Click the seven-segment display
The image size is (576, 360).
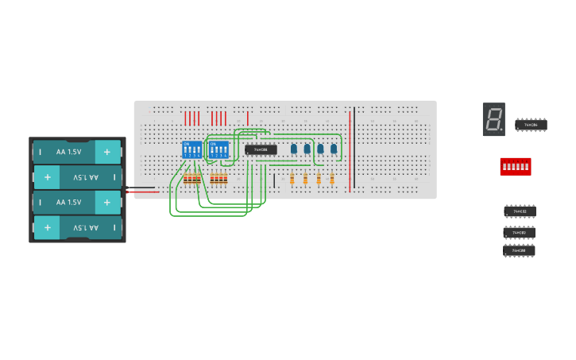(493, 119)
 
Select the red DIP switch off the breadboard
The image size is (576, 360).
(515, 166)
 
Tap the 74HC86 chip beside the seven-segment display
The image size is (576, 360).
(531, 125)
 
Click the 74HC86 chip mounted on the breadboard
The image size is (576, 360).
(261, 149)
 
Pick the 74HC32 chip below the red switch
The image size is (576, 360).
(520, 211)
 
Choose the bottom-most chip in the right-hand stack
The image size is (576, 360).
(519, 251)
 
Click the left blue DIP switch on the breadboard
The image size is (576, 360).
(192, 149)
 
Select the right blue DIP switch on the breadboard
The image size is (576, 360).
(218, 149)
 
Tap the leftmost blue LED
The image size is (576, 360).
(294, 149)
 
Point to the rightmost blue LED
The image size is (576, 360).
(334, 149)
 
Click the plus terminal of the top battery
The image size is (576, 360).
(107, 151)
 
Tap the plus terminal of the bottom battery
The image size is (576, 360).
(48, 228)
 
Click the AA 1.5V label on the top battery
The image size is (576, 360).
(68, 151)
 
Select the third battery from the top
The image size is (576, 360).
(77, 203)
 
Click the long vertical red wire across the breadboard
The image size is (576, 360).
(349, 151)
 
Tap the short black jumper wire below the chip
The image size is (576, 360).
(274, 180)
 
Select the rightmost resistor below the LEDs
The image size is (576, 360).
(332, 180)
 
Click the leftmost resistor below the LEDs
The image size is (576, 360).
(292, 180)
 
